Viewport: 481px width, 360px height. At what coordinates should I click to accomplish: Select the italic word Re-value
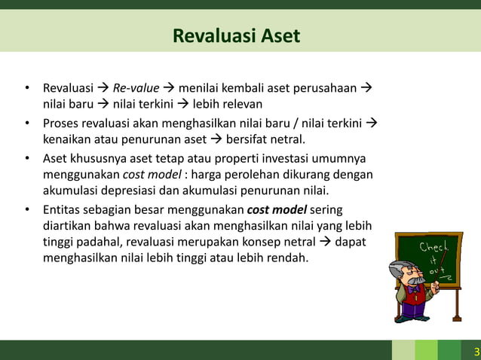[136, 88]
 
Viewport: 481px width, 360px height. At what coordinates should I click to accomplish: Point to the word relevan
[241, 103]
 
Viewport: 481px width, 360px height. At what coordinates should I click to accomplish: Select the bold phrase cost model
[276, 209]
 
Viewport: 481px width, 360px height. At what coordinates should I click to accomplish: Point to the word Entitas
[63, 209]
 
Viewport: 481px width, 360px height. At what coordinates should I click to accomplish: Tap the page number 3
[476, 352]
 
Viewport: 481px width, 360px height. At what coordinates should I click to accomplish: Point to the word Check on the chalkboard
[434, 248]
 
